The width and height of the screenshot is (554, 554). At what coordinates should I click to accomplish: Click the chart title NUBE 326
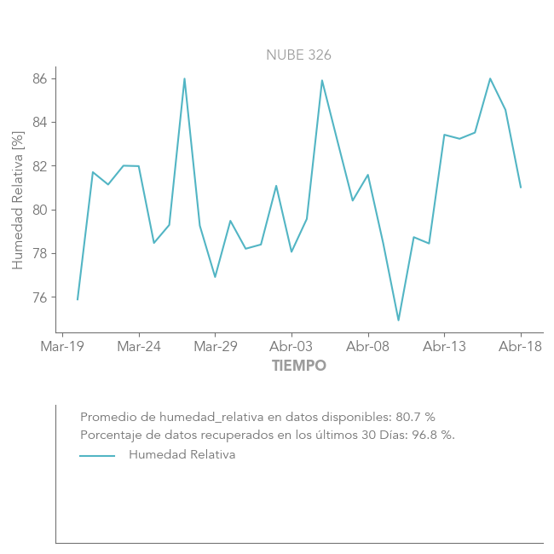pyautogui.click(x=298, y=55)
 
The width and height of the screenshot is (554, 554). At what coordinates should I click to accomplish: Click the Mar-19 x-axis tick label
pyautogui.click(x=62, y=347)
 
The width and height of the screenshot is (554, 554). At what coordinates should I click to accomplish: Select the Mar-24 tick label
pyautogui.click(x=139, y=347)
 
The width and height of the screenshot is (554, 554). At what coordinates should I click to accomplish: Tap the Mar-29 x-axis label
pyautogui.click(x=215, y=347)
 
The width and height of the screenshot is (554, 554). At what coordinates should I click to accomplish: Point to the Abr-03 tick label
pyautogui.click(x=291, y=347)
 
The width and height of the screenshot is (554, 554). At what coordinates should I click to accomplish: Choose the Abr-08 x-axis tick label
pyautogui.click(x=368, y=347)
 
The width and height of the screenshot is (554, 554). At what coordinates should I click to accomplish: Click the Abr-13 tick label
pyautogui.click(x=444, y=347)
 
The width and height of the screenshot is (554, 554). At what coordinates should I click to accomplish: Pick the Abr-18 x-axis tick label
pyautogui.click(x=521, y=347)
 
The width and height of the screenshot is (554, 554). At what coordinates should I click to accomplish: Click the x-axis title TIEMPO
pyautogui.click(x=299, y=366)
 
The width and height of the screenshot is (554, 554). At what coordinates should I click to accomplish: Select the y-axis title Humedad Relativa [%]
pyautogui.click(x=18, y=200)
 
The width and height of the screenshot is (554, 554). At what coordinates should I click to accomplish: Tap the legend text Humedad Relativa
pyautogui.click(x=182, y=455)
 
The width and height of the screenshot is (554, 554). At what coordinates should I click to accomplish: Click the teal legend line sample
pyautogui.click(x=97, y=456)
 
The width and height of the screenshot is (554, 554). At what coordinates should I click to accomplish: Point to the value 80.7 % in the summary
pyautogui.click(x=415, y=417)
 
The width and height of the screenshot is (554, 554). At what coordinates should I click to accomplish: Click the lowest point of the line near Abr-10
pyautogui.click(x=398, y=320)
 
